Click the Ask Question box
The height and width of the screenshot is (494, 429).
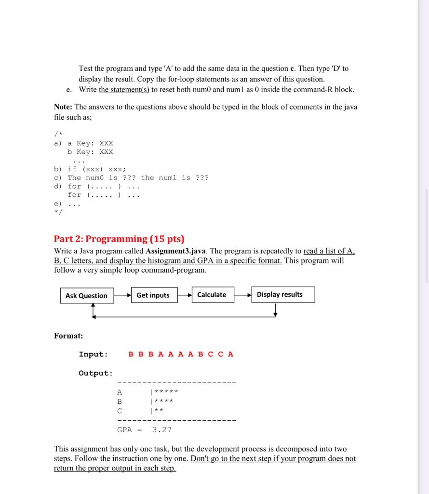pyautogui.click(x=87, y=296)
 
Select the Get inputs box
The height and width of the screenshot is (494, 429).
pyautogui.click(x=153, y=295)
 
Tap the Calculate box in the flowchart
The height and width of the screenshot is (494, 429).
pyautogui.click(x=212, y=295)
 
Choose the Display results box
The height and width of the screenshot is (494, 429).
pyautogui.click(x=280, y=294)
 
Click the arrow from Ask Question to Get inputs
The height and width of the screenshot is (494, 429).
pyautogui.click(x=123, y=295)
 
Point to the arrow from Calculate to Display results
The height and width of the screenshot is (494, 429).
pyautogui.click(x=243, y=295)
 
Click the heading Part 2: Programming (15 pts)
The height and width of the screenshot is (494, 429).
pyautogui.click(x=119, y=239)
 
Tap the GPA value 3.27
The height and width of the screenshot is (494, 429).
pyautogui.click(x=162, y=429)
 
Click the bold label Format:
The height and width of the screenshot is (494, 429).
pyautogui.click(x=68, y=336)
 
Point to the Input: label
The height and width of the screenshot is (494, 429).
pyautogui.click(x=94, y=354)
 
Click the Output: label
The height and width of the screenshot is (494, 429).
pyautogui.click(x=95, y=373)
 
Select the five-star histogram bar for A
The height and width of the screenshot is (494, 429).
pyautogui.click(x=165, y=392)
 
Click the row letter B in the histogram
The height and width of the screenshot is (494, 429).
pyautogui.click(x=120, y=401)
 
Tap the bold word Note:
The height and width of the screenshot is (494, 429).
pyautogui.click(x=63, y=107)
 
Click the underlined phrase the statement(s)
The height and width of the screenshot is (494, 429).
pyautogui.click(x=124, y=90)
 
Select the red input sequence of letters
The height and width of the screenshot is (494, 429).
pyautogui.click(x=181, y=354)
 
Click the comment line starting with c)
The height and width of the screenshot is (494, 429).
pyautogui.click(x=131, y=178)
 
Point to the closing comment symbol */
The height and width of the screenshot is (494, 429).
pyautogui.click(x=58, y=213)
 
